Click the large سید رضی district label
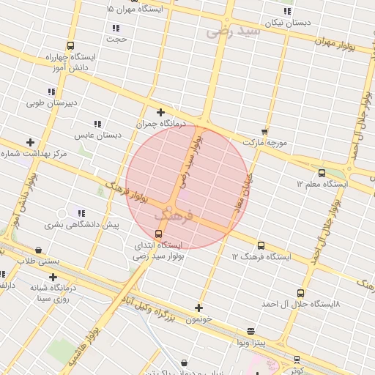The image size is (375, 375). pyautogui.click(x=234, y=31)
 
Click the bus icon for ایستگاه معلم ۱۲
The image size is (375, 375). pyautogui.click(x=322, y=173)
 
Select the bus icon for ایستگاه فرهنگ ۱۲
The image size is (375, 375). pyautogui.click(x=261, y=245)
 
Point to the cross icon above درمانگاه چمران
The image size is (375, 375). pyautogui.click(x=160, y=112)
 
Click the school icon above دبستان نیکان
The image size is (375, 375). pyautogui.click(x=287, y=11)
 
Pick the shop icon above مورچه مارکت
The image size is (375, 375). pyautogui.click(x=264, y=130)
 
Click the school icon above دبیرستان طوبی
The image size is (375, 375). pyautogui.click(x=51, y=92)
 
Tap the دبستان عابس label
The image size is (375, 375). pyautogui.click(x=97, y=135)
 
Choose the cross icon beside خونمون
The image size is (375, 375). pyautogui.click(x=198, y=308)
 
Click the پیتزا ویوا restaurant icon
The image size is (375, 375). pyautogui.click(x=251, y=331)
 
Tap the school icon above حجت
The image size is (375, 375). pyautogui.click(x=116, y=28)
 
